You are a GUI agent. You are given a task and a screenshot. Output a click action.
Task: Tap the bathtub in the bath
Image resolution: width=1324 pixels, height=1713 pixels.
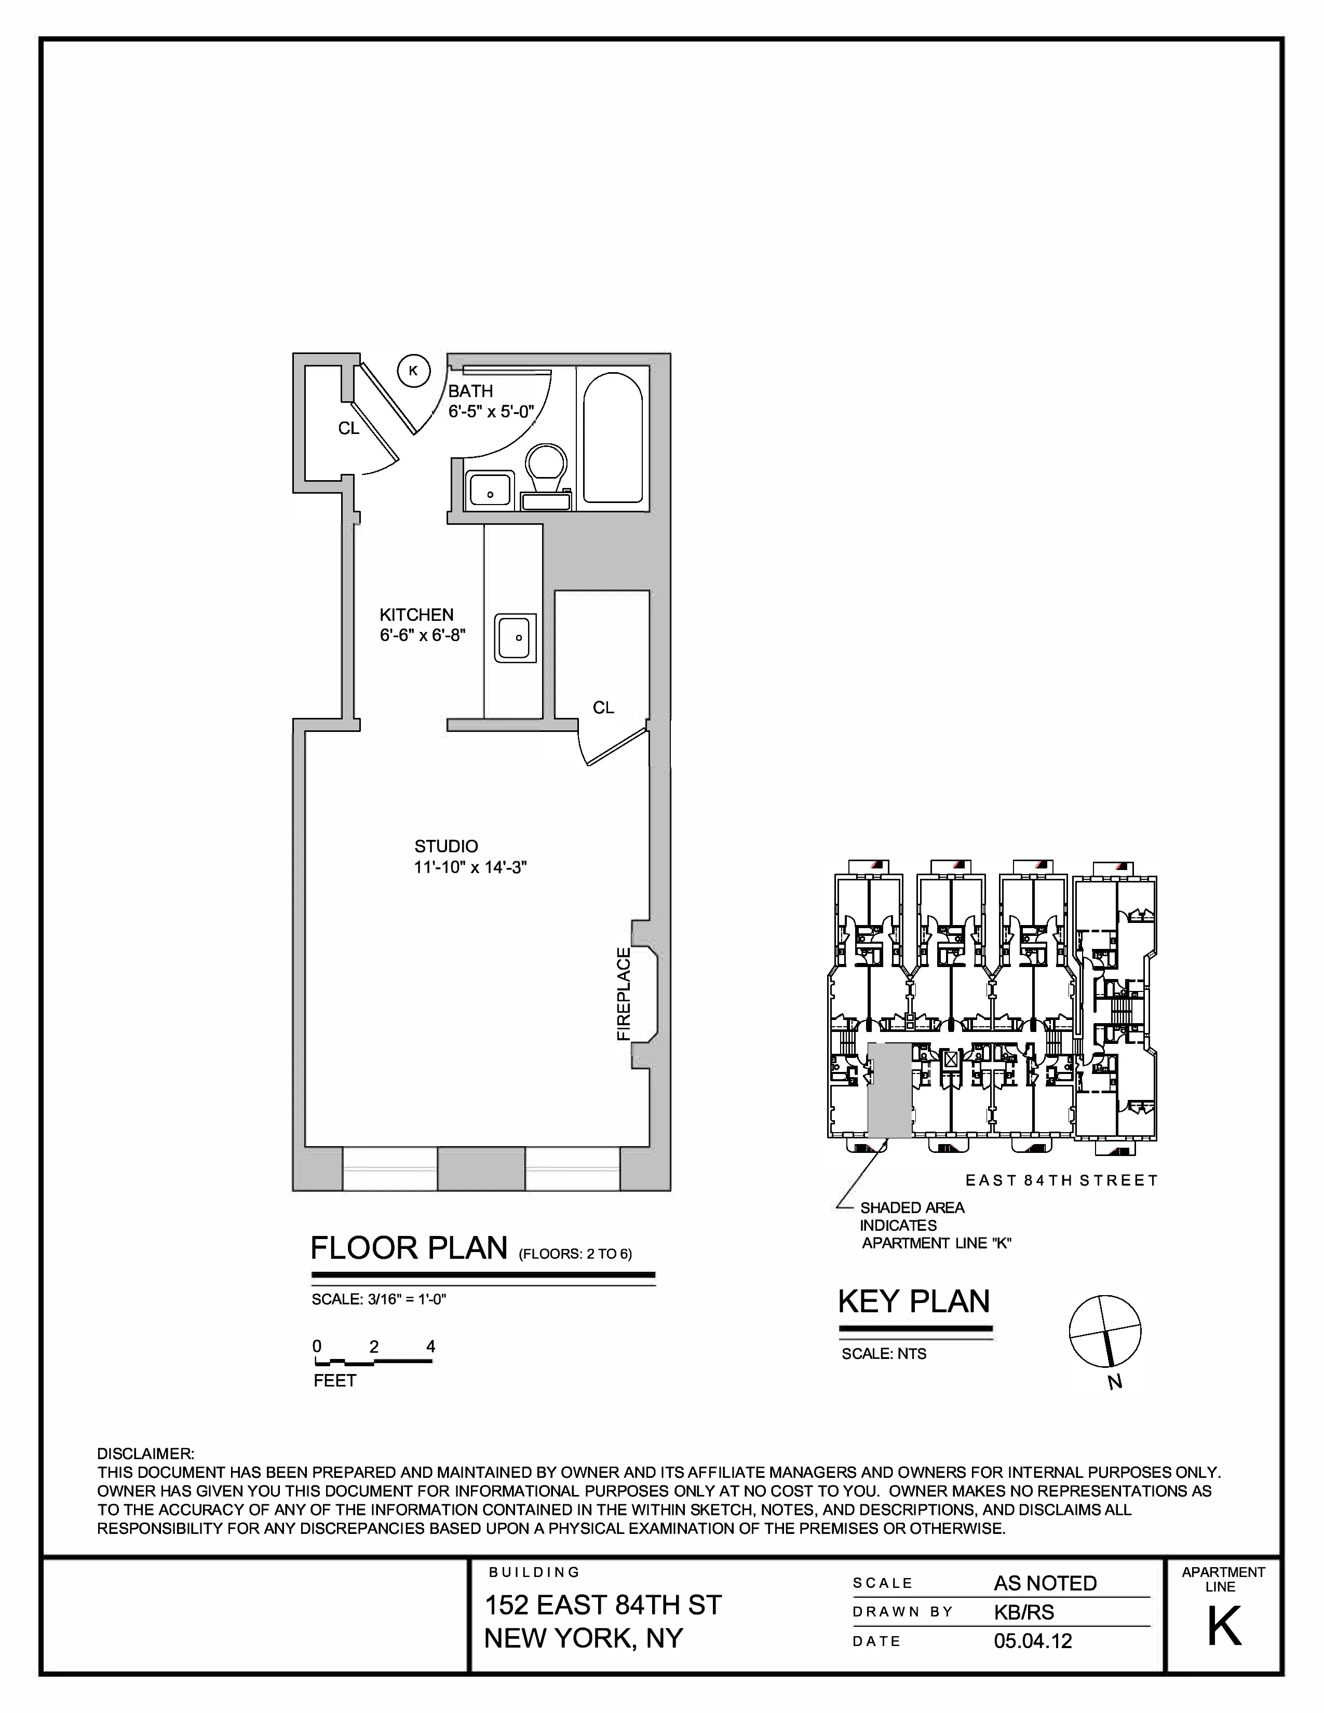(x=613, y=438)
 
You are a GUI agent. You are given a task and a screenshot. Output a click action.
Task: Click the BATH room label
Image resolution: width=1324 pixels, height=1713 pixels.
(x=470, y=390)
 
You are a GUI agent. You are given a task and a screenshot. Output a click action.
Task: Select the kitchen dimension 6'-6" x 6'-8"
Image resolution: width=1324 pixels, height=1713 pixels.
(x=423, y=635)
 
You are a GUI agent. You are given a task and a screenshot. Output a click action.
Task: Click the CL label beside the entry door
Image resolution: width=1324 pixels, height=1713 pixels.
(x=348, y=428)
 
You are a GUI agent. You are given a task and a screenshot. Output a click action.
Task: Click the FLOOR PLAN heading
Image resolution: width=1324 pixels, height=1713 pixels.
(x=409, y=1248)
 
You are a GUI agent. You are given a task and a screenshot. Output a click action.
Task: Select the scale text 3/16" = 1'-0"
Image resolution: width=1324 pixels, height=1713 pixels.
(x=379, y=1299)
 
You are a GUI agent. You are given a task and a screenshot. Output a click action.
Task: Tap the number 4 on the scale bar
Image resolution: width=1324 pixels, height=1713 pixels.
(x=430, y=1347)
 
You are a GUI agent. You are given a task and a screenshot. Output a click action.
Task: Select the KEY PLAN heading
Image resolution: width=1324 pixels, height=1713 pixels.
(x=914, y=1301)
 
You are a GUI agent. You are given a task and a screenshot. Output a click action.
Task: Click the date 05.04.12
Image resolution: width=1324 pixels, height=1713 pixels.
(x=1033, y=1641)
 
